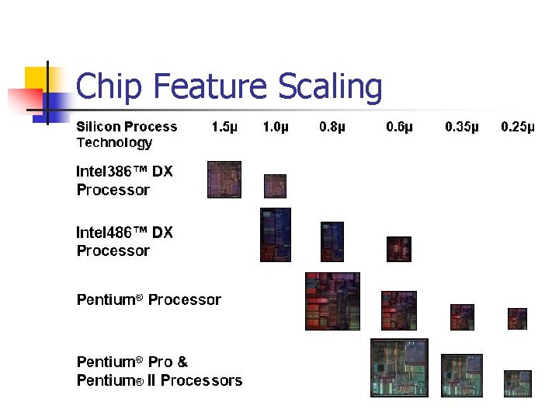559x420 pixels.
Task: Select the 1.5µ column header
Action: click(x=224, y=127)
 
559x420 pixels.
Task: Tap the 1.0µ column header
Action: click(x=276, y=127)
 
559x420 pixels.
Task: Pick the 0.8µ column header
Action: click(x=332, y=127)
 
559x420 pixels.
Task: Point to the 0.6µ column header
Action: click(x=399, y=127)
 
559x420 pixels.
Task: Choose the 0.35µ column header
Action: click(x=462, y=127)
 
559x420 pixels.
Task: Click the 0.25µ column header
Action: click(x=518, y=127)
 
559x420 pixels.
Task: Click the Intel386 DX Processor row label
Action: click(x=124, y=180)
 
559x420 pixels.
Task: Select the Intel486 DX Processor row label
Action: click(x=124, y=241)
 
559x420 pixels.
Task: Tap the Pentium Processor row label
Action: click(x=148, y=299)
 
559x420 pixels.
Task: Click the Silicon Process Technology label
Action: click(x=127, y=135)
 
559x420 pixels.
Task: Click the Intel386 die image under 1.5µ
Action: click(x=224, y=180)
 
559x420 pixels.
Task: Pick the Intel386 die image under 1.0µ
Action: click(x=275, y=186)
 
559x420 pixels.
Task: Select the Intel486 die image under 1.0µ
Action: click(x=276, y=235)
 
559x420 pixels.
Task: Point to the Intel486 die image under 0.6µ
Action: click(x=399, y=249)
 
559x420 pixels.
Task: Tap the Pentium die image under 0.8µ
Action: click(x=333, y=301)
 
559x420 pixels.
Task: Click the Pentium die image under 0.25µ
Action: click(x=518, y=318)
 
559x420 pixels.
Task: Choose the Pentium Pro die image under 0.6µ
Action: click(x=399, y=368)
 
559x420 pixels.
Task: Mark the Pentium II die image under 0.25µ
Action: click(x=518, y=383)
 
